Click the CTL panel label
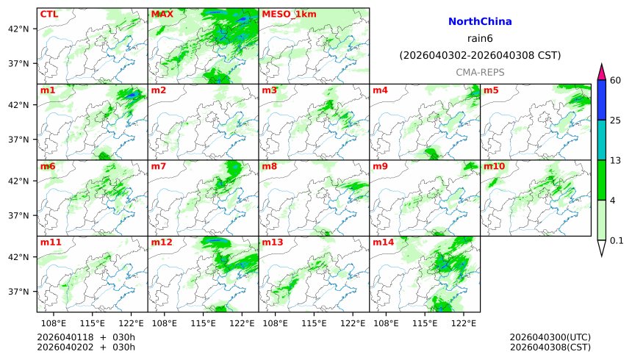point(49,14)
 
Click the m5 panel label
point(491,90)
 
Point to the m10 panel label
point(494,166)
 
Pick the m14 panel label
point(383,242)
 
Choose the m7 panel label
point(159,166)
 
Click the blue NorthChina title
point(480,22)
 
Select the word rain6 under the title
point(480,38)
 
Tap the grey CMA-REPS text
point(480,72)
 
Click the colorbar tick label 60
point(616,80)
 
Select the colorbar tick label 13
point(616,160)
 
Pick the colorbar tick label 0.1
point(617,240)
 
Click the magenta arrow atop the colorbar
point(602,72)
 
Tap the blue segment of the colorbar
point(602,100)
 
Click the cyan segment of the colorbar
point(602,140)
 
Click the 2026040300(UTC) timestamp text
point(550,337)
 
